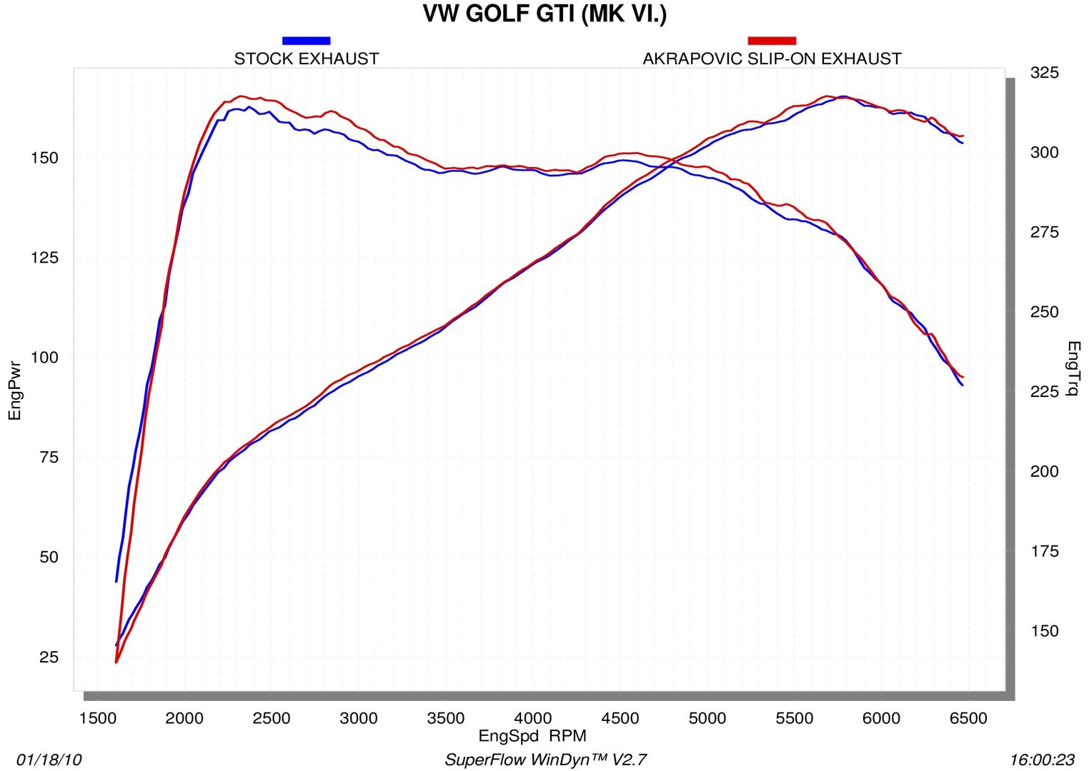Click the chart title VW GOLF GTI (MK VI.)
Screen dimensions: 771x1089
pyautogui.click(x=544, y=14)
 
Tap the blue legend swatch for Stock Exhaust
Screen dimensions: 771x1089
pyautogui.click(x=306, y=41)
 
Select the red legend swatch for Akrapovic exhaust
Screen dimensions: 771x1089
pyautogui.click(x=771, y=41)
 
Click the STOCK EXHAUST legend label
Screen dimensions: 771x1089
pyautogui.click(x=306, y=59)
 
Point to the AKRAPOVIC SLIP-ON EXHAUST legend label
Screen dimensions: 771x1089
pyautogui.click(x=772, y=59)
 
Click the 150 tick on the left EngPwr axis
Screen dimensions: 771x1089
pyautogui.click(x=44, y=158)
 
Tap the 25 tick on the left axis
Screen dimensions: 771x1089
pyautogui.click(x=49, y=657)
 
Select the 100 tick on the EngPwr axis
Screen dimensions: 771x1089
pyautogui.click(x=44, y=358)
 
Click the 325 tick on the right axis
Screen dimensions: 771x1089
pyautogui.click(x=1044, y=73)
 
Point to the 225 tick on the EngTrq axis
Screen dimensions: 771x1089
pyautogui.click(x=1044, y=392)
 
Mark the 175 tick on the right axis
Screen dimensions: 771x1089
pyautogui.click(x=1044, y=551)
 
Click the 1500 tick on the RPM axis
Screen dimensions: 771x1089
pyautogui.click(x=97, y=718)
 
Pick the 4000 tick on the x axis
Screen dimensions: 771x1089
pyautogui.click(x=533, y=718)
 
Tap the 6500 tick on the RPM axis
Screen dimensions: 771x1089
pyautogui.click(x=968, y=718)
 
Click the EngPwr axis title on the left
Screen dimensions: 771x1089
pyautogui.click(x=14, y=390)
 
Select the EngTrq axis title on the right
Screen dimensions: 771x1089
pyautogui.click(x=1073, y=368)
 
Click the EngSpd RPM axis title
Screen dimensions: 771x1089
pyautogui.click(x=532, y=736)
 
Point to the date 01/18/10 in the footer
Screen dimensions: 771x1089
pyautogui.click(x=49, y=760)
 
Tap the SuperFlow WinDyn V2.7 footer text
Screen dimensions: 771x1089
pyautogui.click(x=545, y=760)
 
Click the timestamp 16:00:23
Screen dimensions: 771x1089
pyautogui.click(x=1042, y=760)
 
